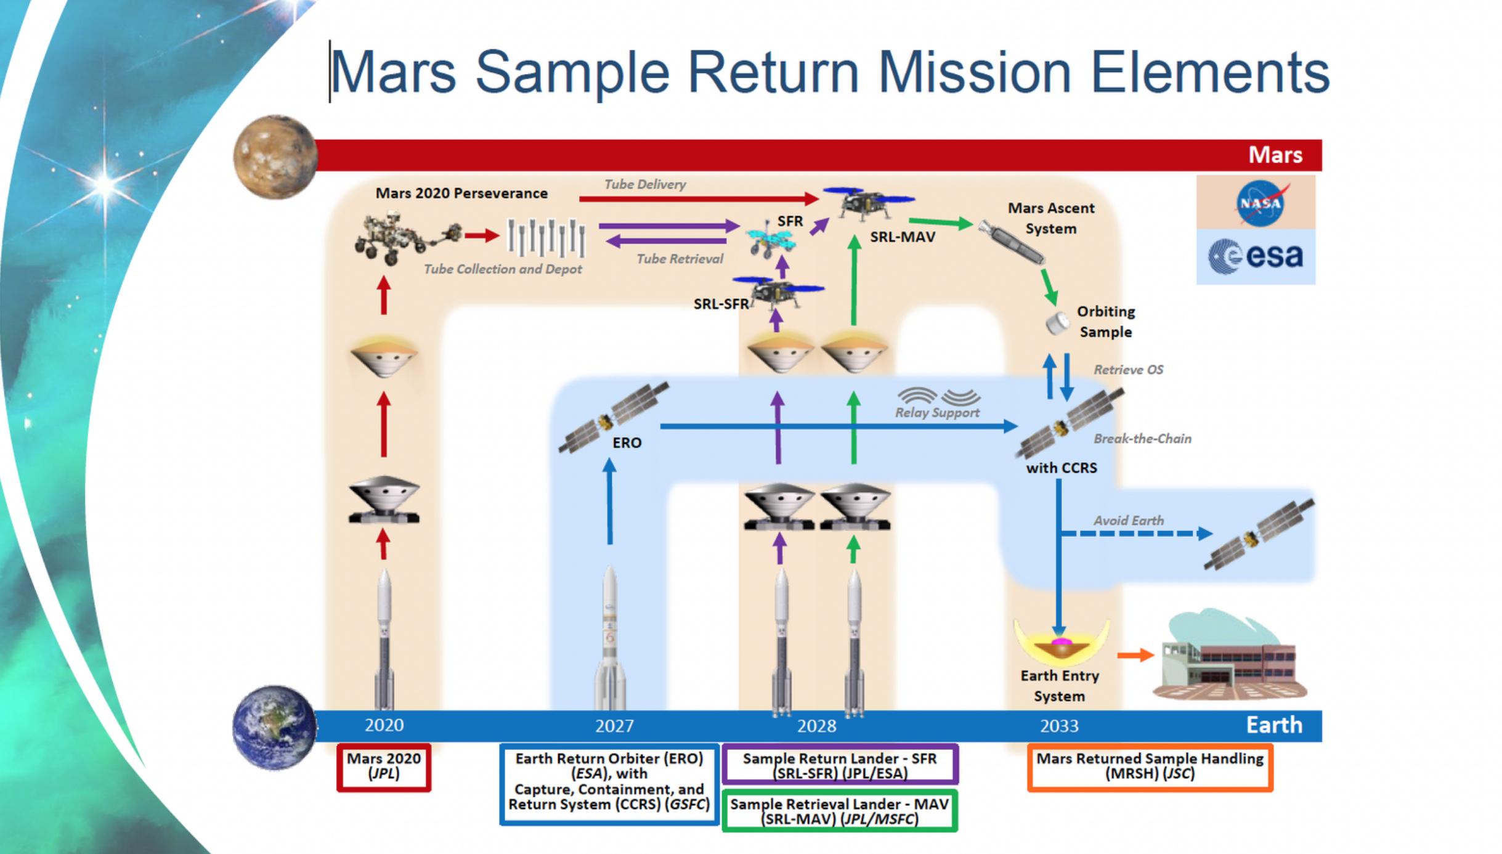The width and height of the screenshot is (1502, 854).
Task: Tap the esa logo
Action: coord(1256,256)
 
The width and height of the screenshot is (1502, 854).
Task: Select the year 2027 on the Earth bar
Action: coord(614,726)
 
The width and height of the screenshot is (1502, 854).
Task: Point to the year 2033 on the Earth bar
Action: coord(1059,726)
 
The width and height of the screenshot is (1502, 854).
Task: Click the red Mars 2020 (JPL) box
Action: coord(383,767)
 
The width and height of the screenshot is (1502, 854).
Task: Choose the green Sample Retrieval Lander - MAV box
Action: coord(839,811)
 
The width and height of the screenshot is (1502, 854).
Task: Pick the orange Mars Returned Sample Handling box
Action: coord(1150,767)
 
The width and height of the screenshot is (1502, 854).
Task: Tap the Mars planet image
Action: coord(275,157)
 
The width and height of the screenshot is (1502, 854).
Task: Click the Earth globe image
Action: coord(274,727)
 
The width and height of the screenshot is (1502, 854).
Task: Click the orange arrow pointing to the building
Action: coord(1135,655)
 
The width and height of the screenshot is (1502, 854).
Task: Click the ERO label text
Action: coord(627,442)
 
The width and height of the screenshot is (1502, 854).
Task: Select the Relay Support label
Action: coord(937,412)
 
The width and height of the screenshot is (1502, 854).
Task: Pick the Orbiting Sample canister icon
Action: coord(1058,322)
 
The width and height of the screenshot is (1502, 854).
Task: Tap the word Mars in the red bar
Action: coord(1275,155)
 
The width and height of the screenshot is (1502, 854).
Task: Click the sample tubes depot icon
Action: coord(546,237)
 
